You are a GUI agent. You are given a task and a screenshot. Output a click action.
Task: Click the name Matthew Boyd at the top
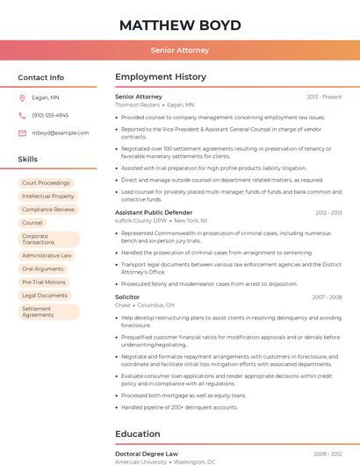tap(180, 25)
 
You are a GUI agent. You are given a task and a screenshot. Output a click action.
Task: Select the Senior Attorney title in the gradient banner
tap(180, 50)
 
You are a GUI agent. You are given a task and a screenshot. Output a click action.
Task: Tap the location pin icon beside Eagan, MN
tap(23, 98)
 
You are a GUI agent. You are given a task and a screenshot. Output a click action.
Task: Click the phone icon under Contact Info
tap(23, 116)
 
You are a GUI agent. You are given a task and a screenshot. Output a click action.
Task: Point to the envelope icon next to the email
tap(23, 133)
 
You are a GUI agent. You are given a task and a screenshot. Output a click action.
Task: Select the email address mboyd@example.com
tap(54, 133)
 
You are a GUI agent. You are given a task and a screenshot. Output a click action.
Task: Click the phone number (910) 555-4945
tap(50, 116)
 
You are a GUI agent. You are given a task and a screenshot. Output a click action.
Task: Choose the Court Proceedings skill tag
tap(46, 182)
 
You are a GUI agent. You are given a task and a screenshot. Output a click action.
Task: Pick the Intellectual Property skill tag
tap(48, 197)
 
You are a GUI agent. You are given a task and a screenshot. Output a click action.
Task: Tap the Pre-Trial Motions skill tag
tap(44, 283)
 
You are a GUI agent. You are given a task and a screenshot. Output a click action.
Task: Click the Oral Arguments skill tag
tap(43, 268)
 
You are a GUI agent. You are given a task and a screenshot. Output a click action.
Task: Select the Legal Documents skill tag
tap(45, 296)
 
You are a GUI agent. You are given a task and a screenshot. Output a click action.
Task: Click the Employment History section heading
tap(160, 77)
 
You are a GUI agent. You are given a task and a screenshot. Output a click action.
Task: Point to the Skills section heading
tap(28, 160)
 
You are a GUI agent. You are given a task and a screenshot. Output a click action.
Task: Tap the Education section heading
tap(137, 433)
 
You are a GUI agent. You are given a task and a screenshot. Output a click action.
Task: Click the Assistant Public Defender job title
tap(154, 212)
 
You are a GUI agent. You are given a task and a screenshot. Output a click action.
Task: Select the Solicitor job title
tap(127, 297)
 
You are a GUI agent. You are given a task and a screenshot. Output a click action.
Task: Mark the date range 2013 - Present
tap(324, 97)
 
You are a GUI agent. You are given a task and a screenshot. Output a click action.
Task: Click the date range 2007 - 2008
tap(327, 297)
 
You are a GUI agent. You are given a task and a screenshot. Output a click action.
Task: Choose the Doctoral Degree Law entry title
tap(147, 454)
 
